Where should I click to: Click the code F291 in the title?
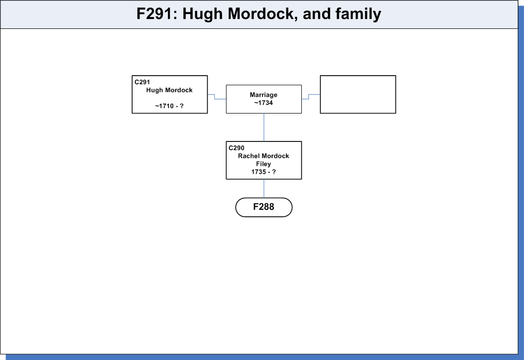point(154,14)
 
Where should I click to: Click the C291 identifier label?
point(142,82)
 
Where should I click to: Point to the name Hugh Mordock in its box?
point(169,90)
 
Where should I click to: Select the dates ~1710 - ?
point(169,106)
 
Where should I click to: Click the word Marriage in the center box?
point(263,95)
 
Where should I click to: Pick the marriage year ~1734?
point(263,103)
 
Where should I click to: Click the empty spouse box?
point(358,95)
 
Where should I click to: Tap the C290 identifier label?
point(236,148)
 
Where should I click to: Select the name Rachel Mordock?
point(263,156)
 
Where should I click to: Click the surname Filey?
point(263,164)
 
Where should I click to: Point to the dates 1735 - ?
point(263,172)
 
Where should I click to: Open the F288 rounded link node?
point(263,207)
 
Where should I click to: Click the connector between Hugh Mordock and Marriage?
point(215,97)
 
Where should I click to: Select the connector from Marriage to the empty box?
point(309,97)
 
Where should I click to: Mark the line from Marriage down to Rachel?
point(263,127)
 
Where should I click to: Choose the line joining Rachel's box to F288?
point(263,188)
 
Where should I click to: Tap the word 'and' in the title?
point(317,14)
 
